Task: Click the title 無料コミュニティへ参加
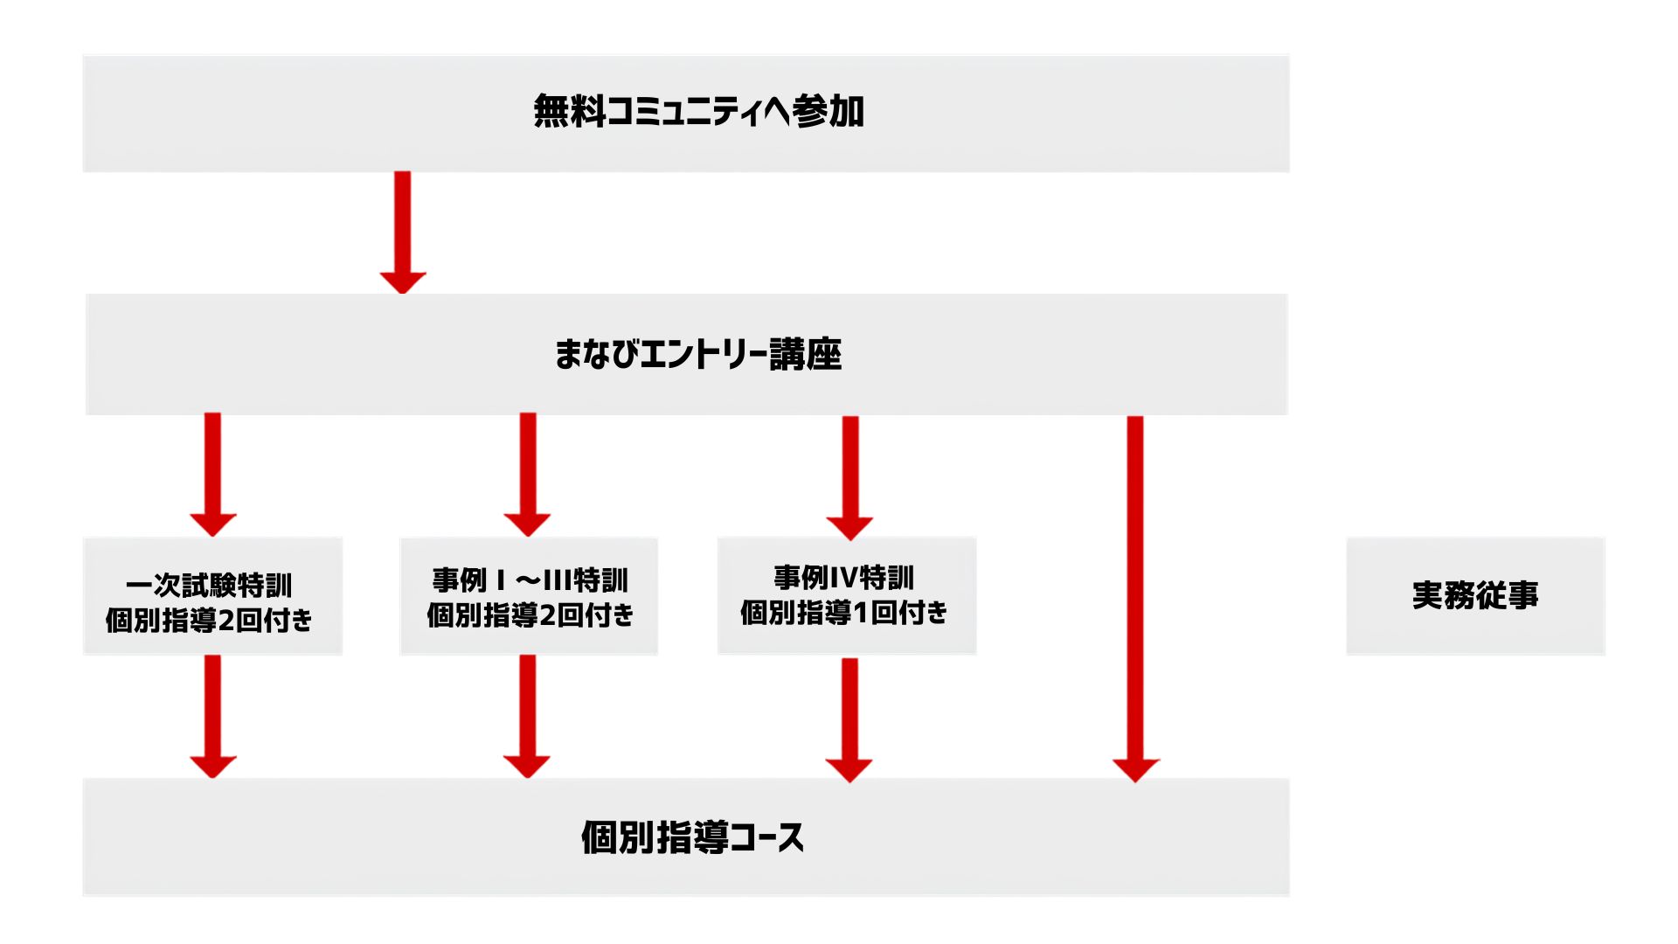698,112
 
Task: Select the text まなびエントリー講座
697,354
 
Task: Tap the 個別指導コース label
692,837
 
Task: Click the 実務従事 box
1475,596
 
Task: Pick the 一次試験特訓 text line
209,585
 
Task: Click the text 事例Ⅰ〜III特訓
530,580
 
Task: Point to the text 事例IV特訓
843,578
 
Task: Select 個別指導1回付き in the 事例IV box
844,613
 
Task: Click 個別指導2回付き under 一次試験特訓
209,621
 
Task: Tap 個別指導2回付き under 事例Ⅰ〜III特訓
530,615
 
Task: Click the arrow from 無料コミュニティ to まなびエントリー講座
402,233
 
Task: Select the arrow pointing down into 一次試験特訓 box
212,475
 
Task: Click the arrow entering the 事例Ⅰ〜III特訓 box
527,475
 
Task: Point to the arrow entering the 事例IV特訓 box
849,478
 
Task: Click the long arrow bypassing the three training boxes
1135,599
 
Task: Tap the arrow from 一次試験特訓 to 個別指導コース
212,717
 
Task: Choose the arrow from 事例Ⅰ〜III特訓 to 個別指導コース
527,717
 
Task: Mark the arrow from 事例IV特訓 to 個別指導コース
849,720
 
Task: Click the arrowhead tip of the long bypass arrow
1135,781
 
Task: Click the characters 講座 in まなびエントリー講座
805,354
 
